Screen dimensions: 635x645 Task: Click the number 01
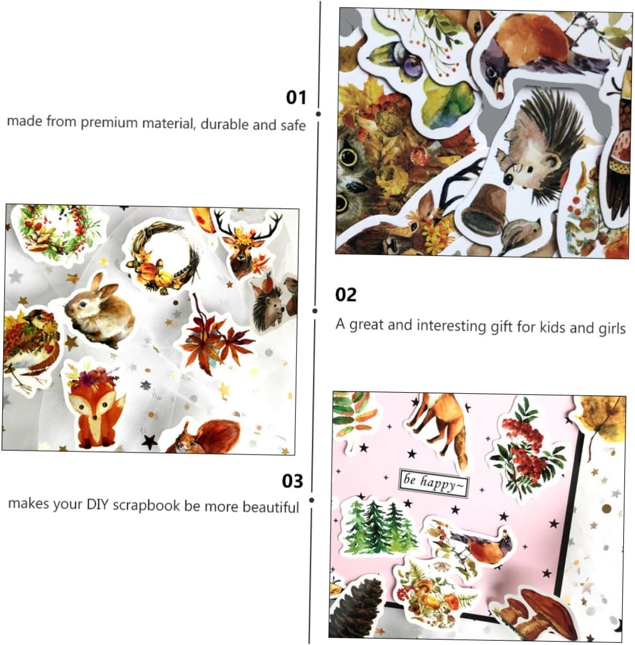pos(296,98)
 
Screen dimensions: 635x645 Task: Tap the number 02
pos(345,295)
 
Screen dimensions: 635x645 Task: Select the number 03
pos(292,481)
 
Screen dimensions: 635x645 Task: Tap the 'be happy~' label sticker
pos(434,483)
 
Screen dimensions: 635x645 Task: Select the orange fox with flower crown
pos(95,408)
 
